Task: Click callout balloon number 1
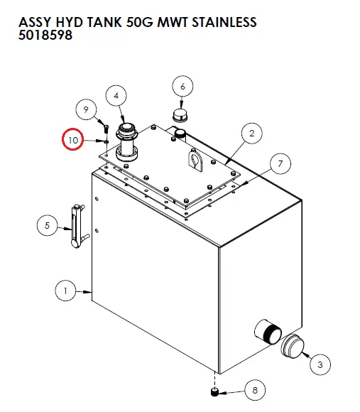[x=65, y=290]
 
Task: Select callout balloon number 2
[x=251, y=132]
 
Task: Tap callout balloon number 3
[x=320, y=364]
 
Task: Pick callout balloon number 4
[x=116, y=95]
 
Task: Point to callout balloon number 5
[x=47, y=226]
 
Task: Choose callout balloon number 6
[x=182, y=87]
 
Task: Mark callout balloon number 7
[x=280, y=165]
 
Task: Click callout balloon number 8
[x=255, y=390]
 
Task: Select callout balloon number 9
[x=86, y=109]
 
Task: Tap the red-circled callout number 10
[x=73, y=139]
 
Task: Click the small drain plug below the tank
[x=214, y=391]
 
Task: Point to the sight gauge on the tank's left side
[x=75, y=227]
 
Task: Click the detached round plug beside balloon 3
[x=291, y=347]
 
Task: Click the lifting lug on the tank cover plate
[x=194, y=160]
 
